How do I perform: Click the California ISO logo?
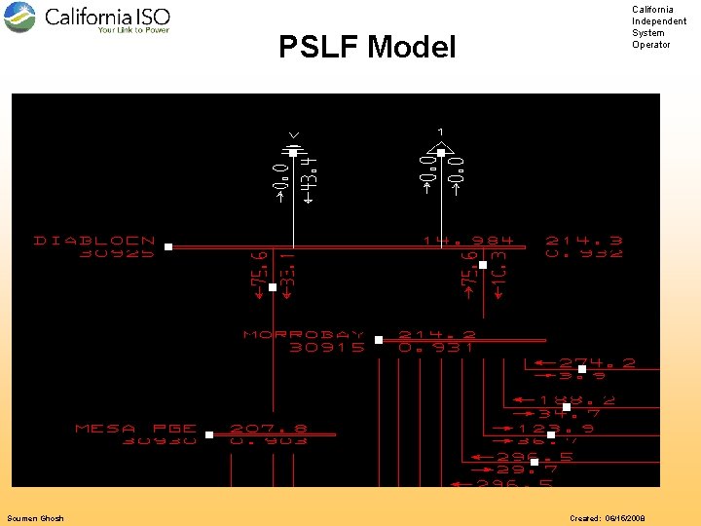pyautogui.click(x=88, y=19)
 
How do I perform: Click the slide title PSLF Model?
pyautogui.click(x=367, y=47)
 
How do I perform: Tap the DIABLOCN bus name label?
pyautogui.click(x=94, y=240)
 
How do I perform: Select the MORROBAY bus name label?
pyautogui.click(x=304, y=334)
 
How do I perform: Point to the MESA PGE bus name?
pyautogui.click(x=136, y=428)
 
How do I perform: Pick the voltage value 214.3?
pyautogui.click(x=584, y=240)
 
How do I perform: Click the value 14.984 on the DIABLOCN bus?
pyautogui.click(x=467, y=240)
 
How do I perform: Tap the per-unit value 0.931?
pyautogui.click(x=436, y=347)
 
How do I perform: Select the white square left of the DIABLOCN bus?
pyautogui.click(x=167, y=247)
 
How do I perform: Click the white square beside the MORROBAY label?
pyautogui.click(x=379, y=340)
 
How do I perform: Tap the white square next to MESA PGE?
pyautogui.click(x=209, y=434)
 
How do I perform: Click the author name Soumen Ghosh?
pyautogui.click(x=35, y=518)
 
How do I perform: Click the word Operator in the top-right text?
pyautogui.click(x=651, y=45)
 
